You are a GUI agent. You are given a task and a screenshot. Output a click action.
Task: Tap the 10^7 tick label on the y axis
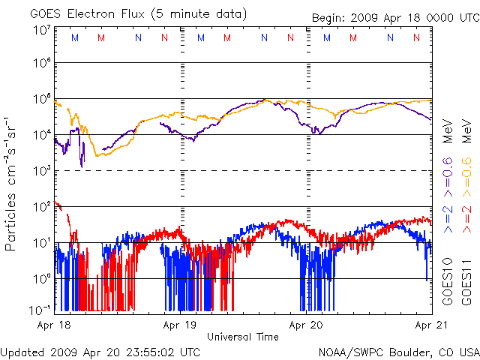42,30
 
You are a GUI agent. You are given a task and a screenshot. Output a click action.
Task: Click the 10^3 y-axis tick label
42,171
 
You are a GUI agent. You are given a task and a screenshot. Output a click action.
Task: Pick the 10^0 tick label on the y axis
42,279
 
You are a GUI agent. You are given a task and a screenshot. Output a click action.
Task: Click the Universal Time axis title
243,337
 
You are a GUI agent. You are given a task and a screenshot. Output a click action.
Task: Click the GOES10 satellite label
448,283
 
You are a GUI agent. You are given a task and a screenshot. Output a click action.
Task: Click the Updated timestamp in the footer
100,352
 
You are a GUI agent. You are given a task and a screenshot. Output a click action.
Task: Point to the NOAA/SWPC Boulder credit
398,352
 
